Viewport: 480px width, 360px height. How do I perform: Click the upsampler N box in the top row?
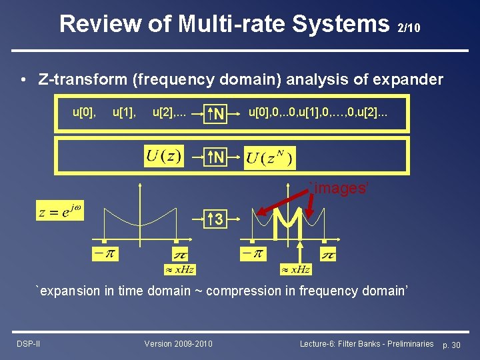tap(217, 114)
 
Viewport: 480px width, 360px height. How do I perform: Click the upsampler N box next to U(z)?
tap(217, 158)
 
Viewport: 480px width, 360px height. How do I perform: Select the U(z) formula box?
tap(163, 157)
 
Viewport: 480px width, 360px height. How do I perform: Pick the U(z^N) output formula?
tap(270, 159)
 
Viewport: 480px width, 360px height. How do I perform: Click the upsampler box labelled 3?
tap(217, 218)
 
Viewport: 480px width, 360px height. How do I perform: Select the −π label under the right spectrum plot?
tap(253, 253)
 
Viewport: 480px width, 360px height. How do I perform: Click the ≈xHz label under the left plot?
tap(179, 269)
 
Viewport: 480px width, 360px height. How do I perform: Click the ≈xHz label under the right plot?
tap(295, 269)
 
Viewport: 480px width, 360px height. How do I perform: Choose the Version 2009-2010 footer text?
tap(179, 343)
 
